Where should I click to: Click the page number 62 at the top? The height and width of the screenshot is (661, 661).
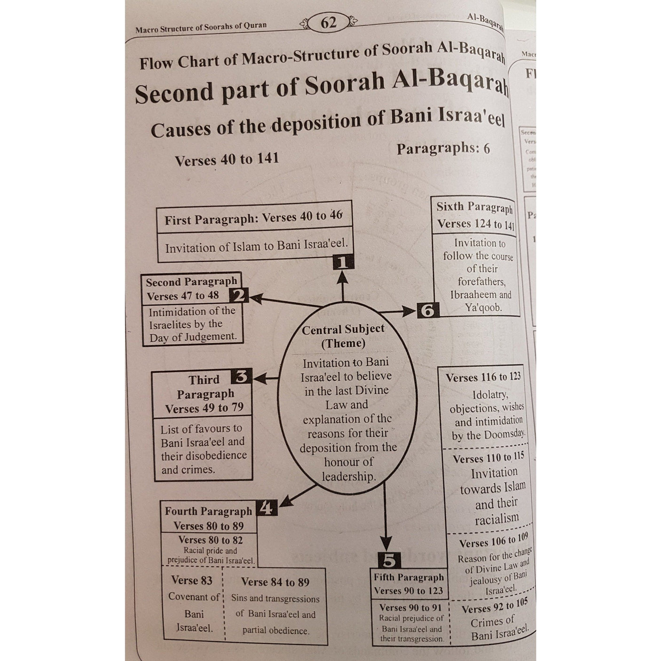pyautogui.click(x=328, y=22)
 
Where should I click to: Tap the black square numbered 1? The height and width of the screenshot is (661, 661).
pyautogui.click(x=343, y=262)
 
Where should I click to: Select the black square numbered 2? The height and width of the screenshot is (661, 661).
pyautogui.click(x=239, y=296)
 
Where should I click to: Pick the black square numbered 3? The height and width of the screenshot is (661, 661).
pyautogui.click(x=242, y=377)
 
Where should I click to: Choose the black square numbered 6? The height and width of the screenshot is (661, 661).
pyautogui.click(x=427, y=311)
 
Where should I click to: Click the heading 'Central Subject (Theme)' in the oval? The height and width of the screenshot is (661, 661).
pyautogui.click(x=343, y=336)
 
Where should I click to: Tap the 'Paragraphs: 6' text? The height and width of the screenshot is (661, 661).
pyautogui.click(x=443, y=149)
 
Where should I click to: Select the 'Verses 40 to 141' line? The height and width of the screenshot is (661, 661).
pyautogui.click(x=227, y=159)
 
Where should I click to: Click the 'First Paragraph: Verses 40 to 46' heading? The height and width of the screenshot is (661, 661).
pyautogui.click(x=253, y=218)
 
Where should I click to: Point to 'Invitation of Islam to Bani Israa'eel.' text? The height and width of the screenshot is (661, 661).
pyautogui.click(x=256, y=246)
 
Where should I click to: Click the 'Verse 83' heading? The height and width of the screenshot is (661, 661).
pyautogui.click(x=191, y=581)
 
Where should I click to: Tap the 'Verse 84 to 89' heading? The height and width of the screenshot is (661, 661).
pyautogui.click(x=275, y=582)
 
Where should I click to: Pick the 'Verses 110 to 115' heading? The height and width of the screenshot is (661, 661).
pyautogui.click(x=488, y=457)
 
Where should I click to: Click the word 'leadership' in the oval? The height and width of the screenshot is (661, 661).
pyautogui.click(x=348, y=477)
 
